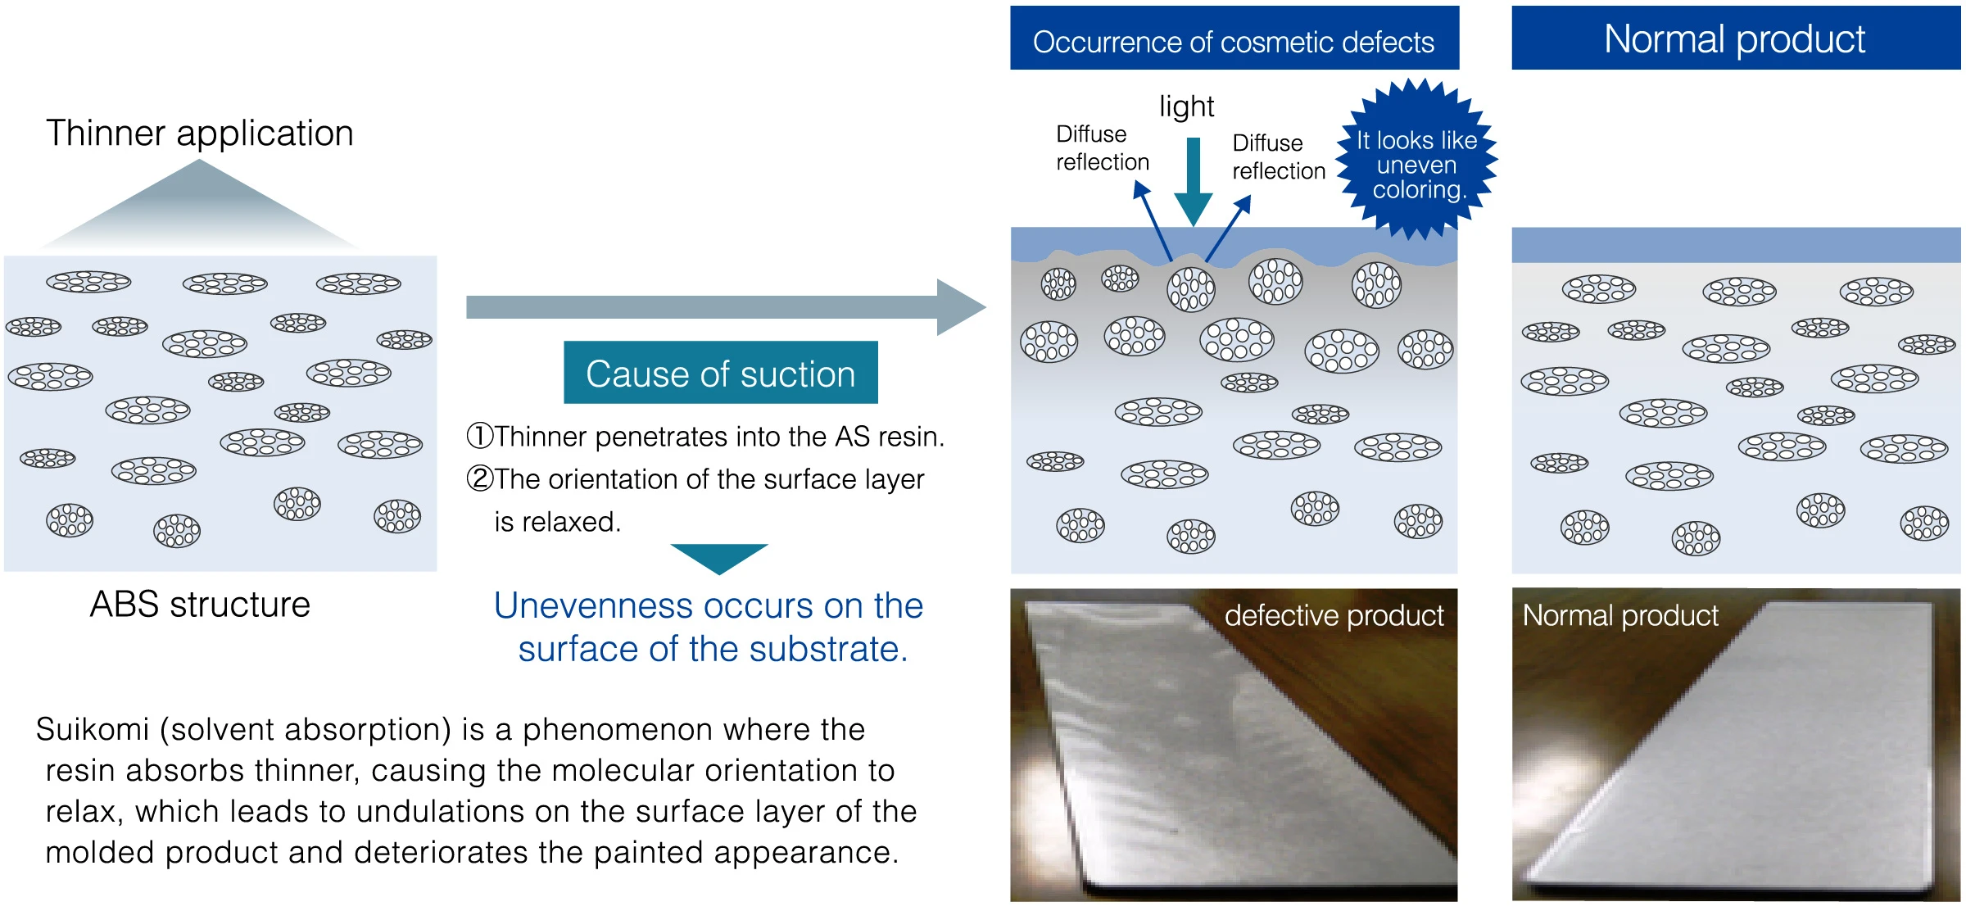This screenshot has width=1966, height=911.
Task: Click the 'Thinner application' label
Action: tap(199, 134)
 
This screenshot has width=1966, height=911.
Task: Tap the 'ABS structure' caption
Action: tap(200, 605)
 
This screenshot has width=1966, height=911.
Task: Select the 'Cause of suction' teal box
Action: tap(721, 373)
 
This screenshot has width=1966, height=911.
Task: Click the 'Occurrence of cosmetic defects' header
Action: tap(1234, 39)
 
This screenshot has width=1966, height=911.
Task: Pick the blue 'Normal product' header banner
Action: tap(1736, 39)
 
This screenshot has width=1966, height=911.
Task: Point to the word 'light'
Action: tap(1186, 107)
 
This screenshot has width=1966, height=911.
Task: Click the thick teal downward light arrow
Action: tap(1194, 181)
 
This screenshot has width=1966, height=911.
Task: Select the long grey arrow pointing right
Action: tap(726, 307)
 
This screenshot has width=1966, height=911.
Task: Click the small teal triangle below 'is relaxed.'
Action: tap(719, 557)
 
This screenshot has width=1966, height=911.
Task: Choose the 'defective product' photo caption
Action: tap(1334, 615)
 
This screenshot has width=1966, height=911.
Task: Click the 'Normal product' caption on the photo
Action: tap(1620, 615)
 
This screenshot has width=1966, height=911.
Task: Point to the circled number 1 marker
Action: tap(480, 436)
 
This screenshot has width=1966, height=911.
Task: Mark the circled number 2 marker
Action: tap(480, 478)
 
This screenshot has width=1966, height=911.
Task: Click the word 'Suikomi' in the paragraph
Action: tap(93, 729)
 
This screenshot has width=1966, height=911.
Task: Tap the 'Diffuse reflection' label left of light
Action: tap(1103, 148)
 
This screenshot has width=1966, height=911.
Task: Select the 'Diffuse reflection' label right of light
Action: tap(1279, 157)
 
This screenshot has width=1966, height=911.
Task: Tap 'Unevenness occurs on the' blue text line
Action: tap(709, 606)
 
